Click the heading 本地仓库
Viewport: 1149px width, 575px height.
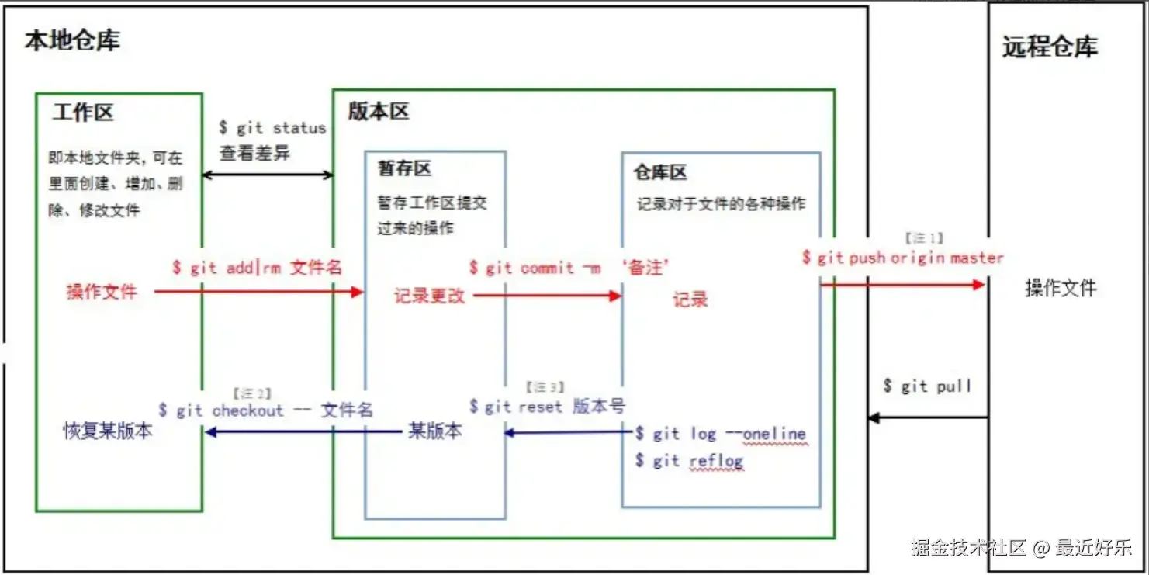pos(72,40)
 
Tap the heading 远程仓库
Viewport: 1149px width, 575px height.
pos(1050,47)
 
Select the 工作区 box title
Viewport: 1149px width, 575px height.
pos(83,113)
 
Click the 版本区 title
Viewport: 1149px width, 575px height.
pos(378,111)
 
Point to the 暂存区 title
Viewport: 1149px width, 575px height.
pos(404,168)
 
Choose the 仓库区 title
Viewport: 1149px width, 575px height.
pos(660,172)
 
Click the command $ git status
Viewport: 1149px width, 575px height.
pos(272,128)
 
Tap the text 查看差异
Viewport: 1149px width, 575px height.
pos(254,153)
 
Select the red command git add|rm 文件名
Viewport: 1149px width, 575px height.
pos(257,268)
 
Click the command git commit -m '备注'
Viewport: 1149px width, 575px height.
pos(569,268)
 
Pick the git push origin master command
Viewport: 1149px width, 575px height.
pos(903,258)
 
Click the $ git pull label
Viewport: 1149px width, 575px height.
pos(927,386)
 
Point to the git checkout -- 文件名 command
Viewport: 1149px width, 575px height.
pos(265,410)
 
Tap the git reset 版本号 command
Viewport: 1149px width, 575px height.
pos(547,406)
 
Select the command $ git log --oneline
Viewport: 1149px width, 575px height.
pos(721,434)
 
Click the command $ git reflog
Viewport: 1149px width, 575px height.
pos(689,460)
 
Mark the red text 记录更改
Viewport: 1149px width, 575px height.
pos(429,296)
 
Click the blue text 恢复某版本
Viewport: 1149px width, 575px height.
pos(108,431)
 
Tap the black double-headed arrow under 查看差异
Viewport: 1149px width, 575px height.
pos(268,175)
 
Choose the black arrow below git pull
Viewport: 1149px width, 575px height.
pos(928,417)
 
